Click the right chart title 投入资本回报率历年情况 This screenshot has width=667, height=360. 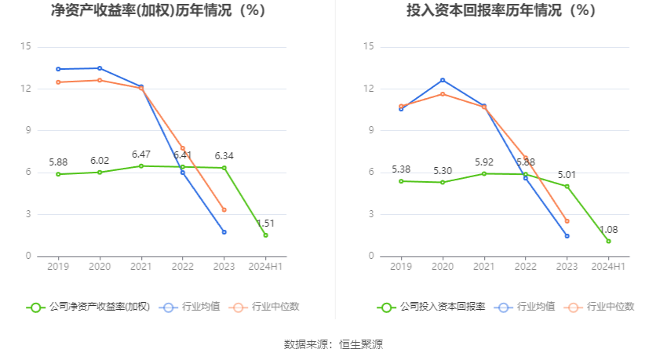coord(501,11)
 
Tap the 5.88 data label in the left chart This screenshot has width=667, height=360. coord(58,162)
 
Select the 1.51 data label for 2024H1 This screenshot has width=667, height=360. coord(265,224)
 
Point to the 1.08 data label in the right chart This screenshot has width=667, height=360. coord(609,230)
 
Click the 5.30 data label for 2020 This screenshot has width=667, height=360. coord(443,170)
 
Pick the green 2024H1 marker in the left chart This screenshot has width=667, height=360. coord(265,235)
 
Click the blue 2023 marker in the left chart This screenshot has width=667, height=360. coord(224,232)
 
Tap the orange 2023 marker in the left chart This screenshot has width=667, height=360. coord(224,209)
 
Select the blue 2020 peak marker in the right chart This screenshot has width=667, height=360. coord(443,80)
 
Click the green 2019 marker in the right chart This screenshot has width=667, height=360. coord(401,181)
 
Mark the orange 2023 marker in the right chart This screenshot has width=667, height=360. coord(567,221)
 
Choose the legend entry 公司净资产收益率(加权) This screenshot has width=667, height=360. coord(89,307)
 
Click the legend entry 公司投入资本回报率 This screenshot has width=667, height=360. coord(432,307)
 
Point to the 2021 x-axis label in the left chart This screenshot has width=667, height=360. coord(140,267)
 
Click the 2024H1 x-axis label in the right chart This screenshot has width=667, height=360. coord(609,267)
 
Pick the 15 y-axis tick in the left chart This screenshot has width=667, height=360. coord(26,47)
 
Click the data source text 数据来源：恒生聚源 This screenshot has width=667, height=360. coord(333,344)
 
